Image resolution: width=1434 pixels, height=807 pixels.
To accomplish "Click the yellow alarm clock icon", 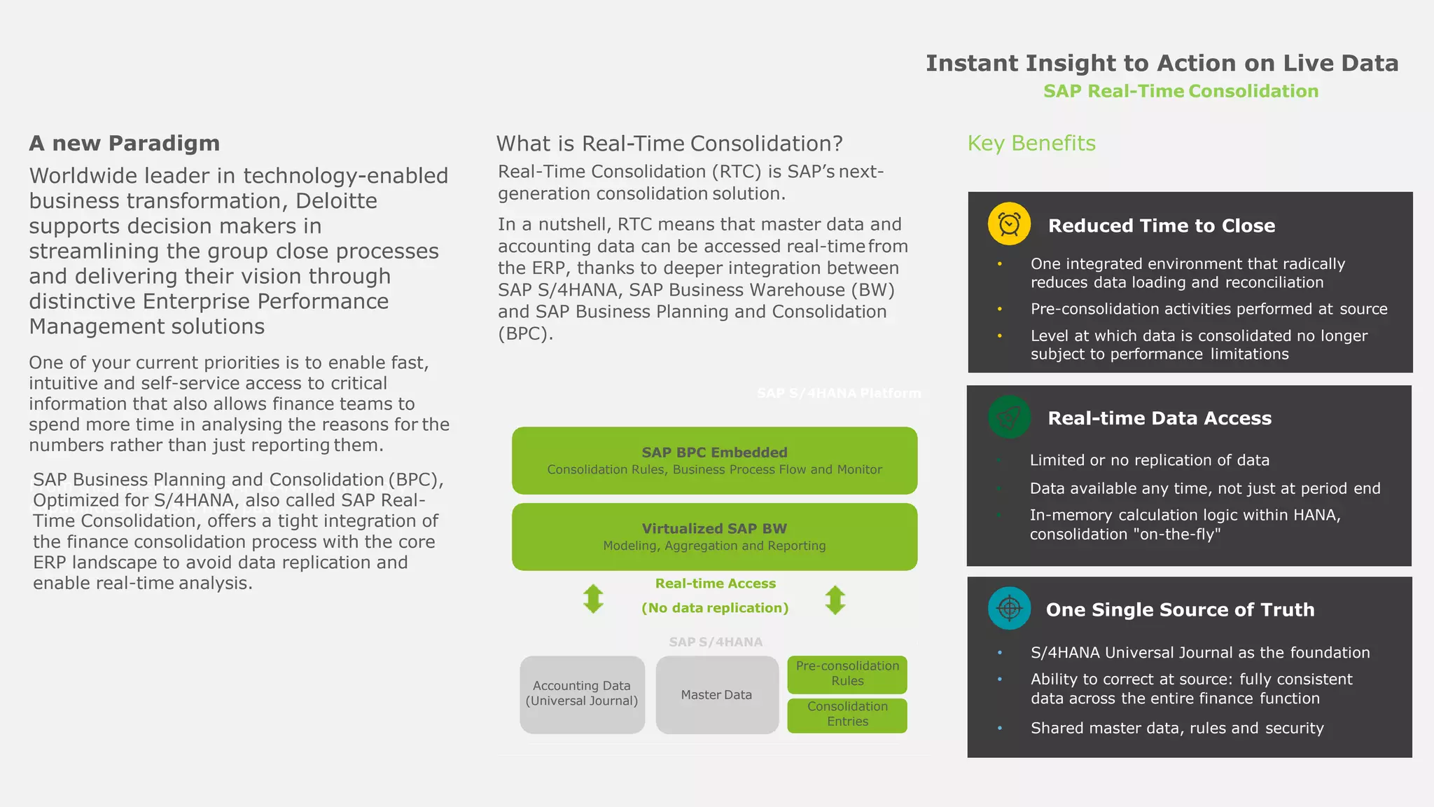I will click(1009, 224).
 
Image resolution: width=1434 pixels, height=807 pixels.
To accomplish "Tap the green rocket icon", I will click(1009, 418).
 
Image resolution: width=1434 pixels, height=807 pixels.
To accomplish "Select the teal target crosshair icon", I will click(1009, 608).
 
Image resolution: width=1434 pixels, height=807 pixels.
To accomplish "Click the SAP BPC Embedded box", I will click(714, 460).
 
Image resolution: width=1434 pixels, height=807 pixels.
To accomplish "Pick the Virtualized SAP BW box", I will click(714, 537).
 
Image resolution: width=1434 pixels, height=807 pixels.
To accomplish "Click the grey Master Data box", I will click(717, 695).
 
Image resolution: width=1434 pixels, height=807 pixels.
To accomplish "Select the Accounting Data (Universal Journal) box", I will click(582, 694).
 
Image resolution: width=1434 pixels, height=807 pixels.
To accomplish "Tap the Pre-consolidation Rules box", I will click(847, 674).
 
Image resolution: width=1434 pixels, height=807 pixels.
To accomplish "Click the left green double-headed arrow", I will click(593, 599).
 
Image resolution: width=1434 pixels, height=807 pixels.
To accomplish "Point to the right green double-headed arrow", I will click(835, 600).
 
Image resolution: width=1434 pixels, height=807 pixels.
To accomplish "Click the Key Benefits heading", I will click(1031, 144).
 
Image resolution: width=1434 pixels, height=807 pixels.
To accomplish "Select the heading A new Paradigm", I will click(125, 144).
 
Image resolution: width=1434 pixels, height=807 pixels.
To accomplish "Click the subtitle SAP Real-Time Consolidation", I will click(1181, 92).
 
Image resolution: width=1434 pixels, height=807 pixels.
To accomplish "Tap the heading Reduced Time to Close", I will click(1161, 226).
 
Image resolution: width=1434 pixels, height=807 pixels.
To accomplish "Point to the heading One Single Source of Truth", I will click(1180, 609).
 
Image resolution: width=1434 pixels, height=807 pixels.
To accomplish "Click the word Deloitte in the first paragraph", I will click(336, 201).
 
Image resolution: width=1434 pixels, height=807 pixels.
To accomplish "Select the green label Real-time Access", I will click(715, 584).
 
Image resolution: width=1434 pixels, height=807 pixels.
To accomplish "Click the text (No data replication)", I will click(715, 608).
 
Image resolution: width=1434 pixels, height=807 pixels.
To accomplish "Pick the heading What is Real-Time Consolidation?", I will click(669, 144).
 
